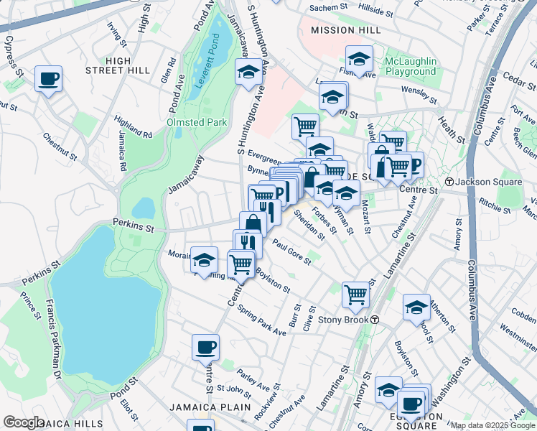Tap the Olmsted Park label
pyautogui.click(x=197, y=122)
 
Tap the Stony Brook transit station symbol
pyautogui.click(x=375, y=319)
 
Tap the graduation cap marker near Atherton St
pyautogui.click(x=416, y=307)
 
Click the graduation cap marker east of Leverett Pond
pyautogui.click(x=248, y=72)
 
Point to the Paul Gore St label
pyautogui.click(x=291, y=254)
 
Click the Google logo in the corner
pyautogui.click(x=24, y=422)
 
